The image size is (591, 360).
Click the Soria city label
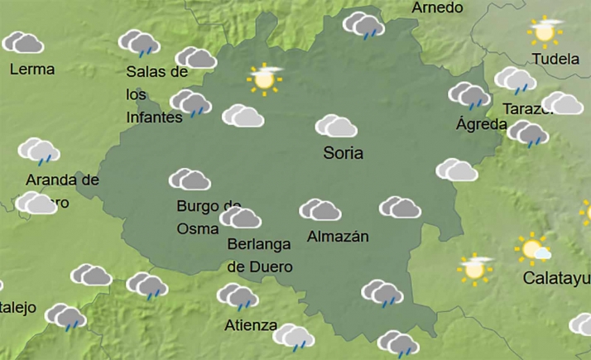pos(344,154)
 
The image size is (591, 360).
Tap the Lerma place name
pos(31,70)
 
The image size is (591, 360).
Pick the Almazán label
pos(337,237)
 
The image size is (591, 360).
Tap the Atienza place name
pos(251,325)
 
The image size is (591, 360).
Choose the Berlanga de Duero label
pos(259,255)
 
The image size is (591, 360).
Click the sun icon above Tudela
pos(545,31)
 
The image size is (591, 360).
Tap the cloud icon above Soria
pos(336,126)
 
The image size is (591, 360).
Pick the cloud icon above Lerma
pos(23,42)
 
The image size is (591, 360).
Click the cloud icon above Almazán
pos(320,209)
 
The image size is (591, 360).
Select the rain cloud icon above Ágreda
pos(469,95)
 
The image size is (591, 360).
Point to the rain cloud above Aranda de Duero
pos(39,151)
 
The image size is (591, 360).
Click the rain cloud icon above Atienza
pos(238,295)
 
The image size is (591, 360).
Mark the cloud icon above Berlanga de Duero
pos(241,218)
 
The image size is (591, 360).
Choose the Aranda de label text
pos(62,180)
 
